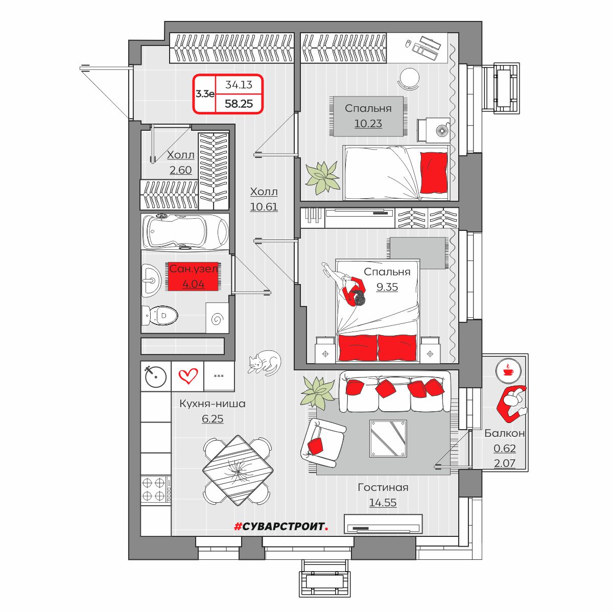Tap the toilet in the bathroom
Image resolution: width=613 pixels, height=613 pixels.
(160, 316)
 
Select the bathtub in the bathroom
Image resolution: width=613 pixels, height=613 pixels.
(185, 231)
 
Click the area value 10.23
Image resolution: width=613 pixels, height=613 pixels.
(368, 124)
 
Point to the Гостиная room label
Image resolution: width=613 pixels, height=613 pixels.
(383, 487)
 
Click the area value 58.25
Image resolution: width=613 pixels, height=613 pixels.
(239, 104)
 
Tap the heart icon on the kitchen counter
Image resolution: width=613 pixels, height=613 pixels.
(187, 377)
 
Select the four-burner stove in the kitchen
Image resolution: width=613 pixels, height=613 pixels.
(156, 489)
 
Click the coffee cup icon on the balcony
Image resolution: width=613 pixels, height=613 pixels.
(508, 369)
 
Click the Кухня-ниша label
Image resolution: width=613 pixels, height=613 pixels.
(212, 404)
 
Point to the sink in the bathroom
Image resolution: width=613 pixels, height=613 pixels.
(151, 280)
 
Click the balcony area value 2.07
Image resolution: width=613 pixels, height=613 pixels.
(504, 464)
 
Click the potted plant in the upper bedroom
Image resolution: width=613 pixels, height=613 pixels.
(322, 177)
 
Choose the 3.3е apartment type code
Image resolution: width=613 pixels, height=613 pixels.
(204, 93)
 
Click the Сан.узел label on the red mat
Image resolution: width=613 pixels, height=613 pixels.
(193, 269)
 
